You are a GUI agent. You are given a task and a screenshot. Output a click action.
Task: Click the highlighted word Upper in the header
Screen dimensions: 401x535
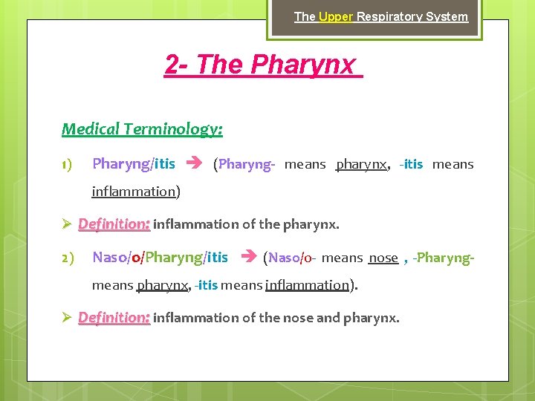335,16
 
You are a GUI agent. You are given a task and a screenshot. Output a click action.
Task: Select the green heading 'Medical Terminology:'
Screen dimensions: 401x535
142,129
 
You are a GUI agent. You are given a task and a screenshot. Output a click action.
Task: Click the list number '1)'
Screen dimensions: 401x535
67,164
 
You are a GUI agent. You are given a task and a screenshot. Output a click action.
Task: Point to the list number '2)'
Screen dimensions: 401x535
67,258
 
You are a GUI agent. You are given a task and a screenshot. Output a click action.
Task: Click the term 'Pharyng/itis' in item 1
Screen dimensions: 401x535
134,164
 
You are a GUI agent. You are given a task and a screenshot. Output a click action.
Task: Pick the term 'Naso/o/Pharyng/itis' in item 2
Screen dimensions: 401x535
160,258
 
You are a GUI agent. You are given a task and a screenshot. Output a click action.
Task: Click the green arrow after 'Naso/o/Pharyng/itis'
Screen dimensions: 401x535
247,258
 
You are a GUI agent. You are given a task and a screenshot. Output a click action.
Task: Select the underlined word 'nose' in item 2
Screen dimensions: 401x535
383,258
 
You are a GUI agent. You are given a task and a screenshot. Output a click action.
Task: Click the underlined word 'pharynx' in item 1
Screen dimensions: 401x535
361,164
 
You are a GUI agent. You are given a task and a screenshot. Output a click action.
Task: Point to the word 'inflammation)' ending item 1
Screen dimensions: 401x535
136,192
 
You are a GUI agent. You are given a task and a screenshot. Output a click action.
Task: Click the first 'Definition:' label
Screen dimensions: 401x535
114,224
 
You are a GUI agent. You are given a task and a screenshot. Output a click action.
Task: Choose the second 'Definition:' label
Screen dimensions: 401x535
114,318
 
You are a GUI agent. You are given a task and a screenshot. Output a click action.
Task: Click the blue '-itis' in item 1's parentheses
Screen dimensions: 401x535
411,164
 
